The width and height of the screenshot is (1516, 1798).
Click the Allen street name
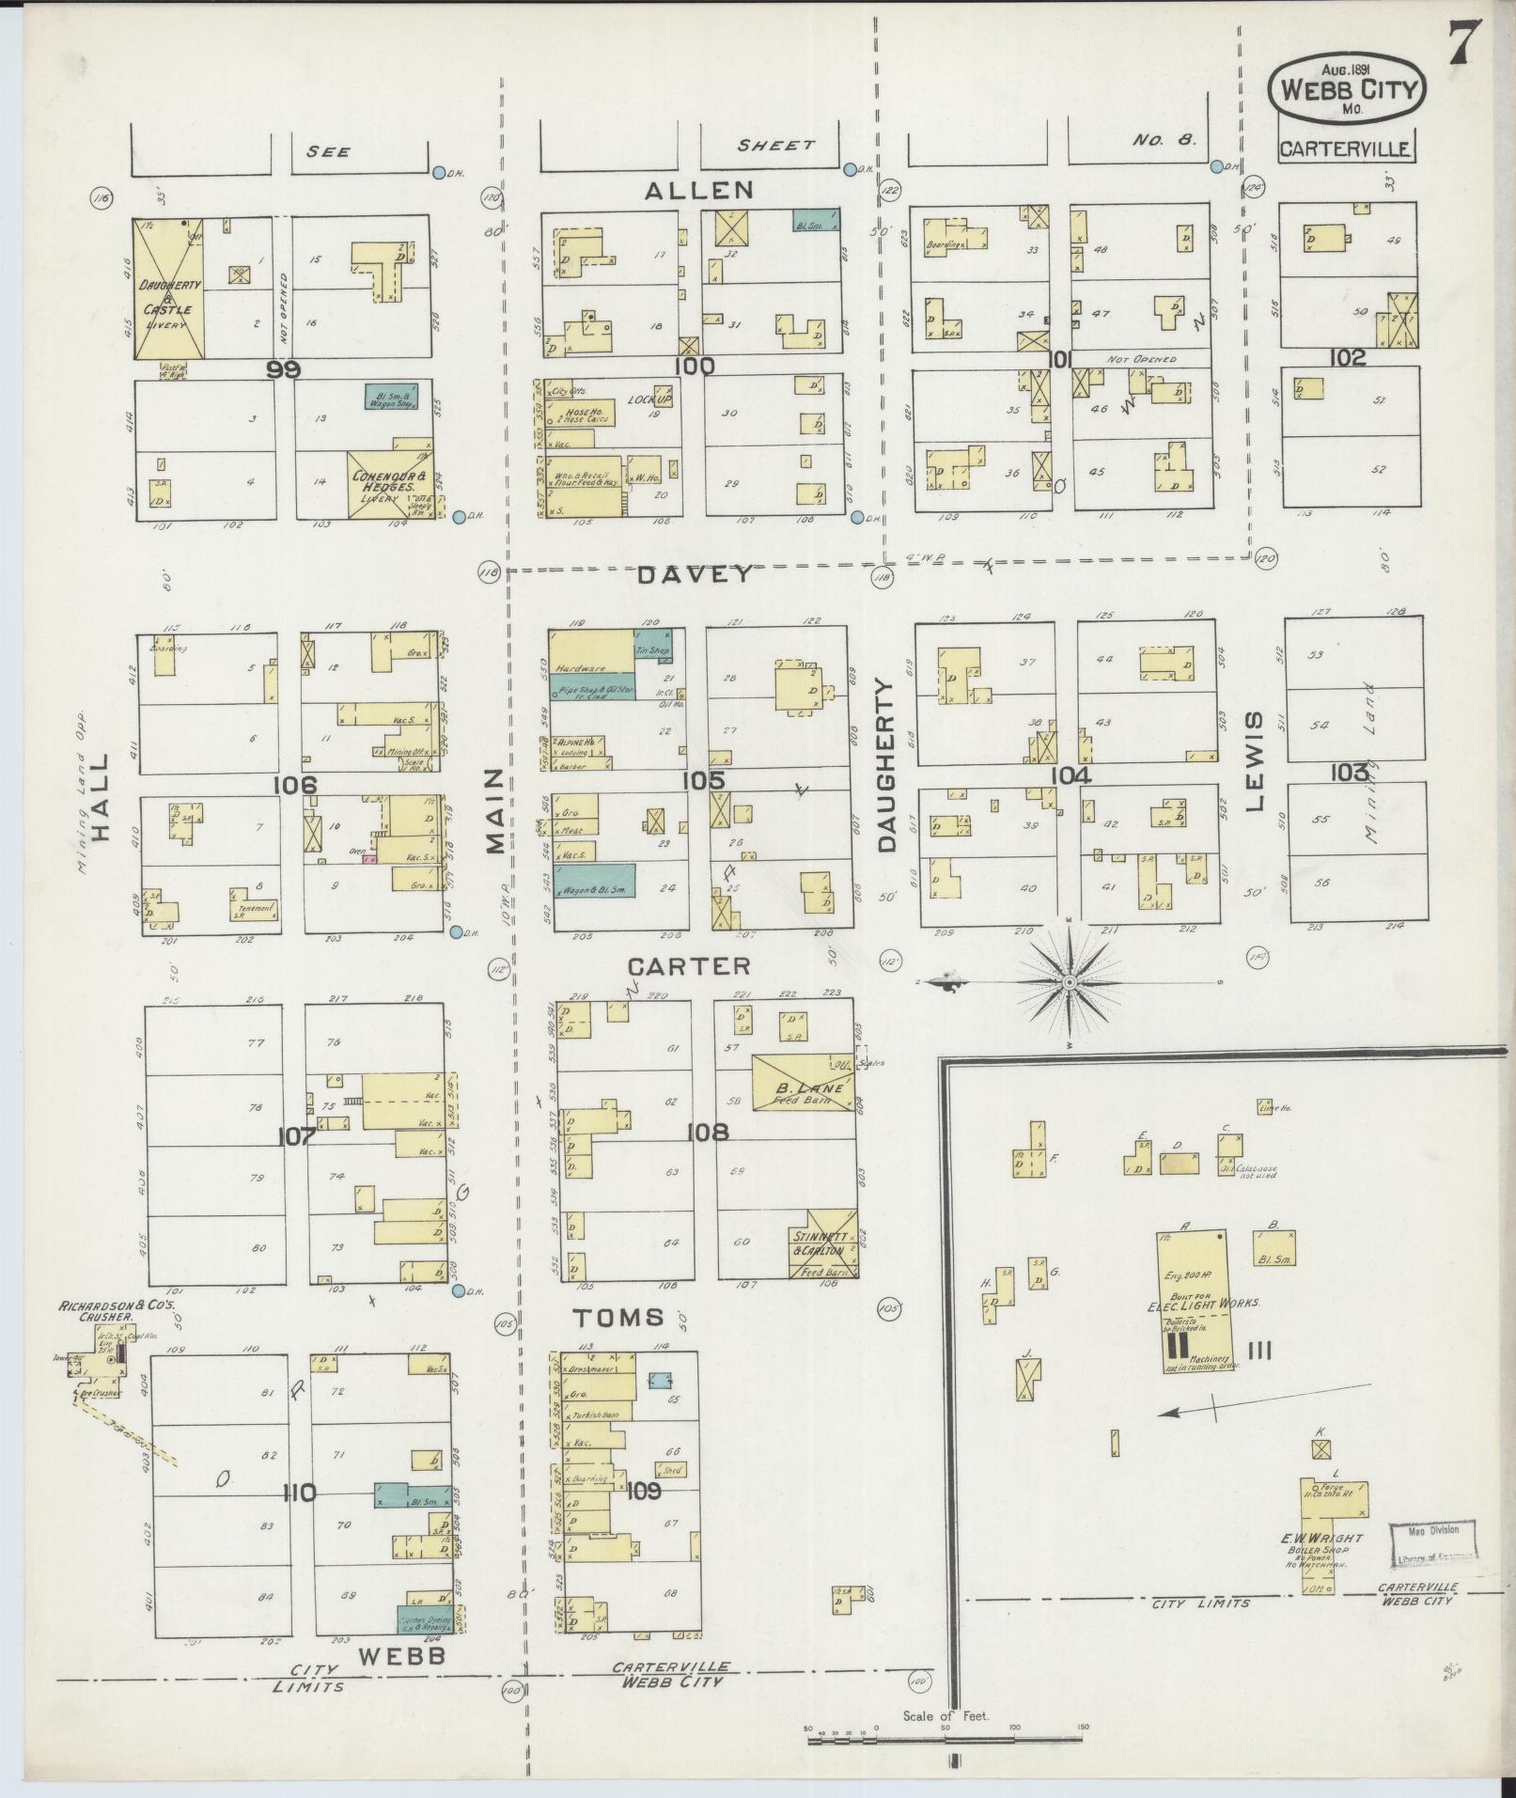pos(699,191)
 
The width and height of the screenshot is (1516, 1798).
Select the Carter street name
pos(689,965)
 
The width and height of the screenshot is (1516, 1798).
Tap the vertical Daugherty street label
pos(888,767)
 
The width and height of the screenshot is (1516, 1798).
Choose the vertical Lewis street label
pos(1257,760)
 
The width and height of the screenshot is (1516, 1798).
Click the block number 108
pos(707,1134)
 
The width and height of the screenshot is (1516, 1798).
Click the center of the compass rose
pos(1069,982)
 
